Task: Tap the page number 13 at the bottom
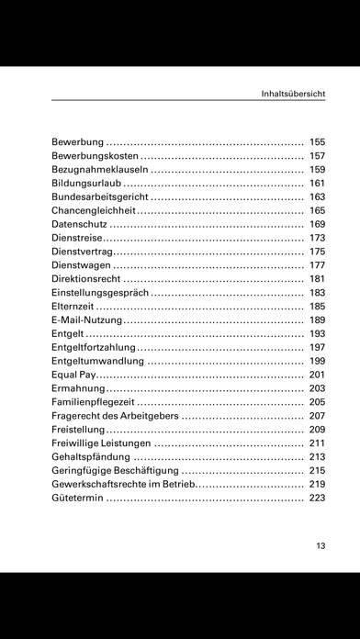pyautogui.click(x=321, y=546)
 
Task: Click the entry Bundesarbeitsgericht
pyautogui.click(x=99, y=196)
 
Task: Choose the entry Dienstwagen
pyautogui.click(x=80, y=264)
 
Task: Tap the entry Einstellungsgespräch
pyautogui.click(x=99, y=292)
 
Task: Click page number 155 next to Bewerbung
pyautogui.click(x=318, y=142)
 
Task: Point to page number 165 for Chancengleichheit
pyautogui.click(x=318, y=210)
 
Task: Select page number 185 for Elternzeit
pyautogui.click(x=318, y=306)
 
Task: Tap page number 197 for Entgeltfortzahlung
pyautogui.click(x=318, y=347)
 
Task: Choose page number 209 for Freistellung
pyautogui.click(x=318, y=430)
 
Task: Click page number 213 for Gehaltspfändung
pyautogui.click(x=318, y=456)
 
